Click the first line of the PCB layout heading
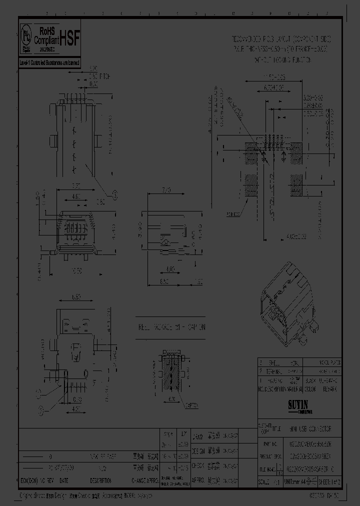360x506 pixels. pos(279,38)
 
